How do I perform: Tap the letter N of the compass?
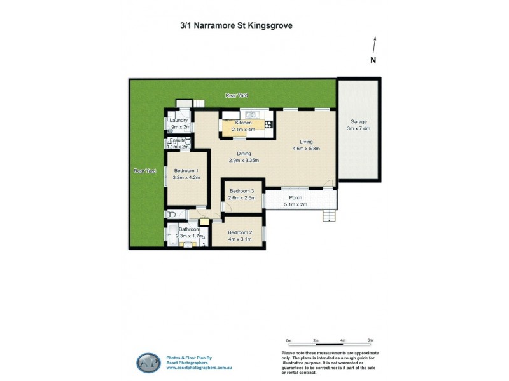pos(374,60)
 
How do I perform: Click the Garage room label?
pos(359,121)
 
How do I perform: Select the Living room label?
pos(305,142)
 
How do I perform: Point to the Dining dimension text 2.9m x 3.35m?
pos(244,161)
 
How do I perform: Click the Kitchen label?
pos(244,123)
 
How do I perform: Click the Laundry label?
pos(178,120)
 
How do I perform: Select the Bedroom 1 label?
pos(187,171)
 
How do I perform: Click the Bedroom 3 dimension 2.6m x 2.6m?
pos(242,198)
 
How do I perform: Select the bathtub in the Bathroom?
pos(171,236)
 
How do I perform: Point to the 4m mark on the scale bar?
pos(342,340)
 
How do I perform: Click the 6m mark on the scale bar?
pos(370,340)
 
